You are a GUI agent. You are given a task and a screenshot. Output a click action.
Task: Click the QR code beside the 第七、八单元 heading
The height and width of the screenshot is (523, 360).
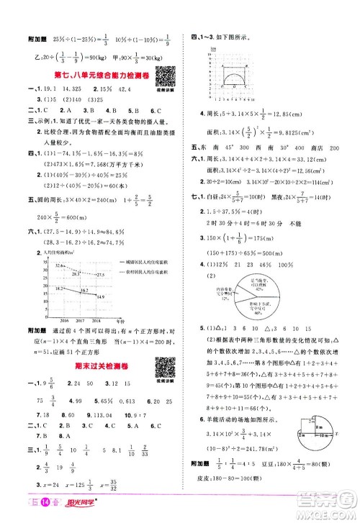pos(161,73)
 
